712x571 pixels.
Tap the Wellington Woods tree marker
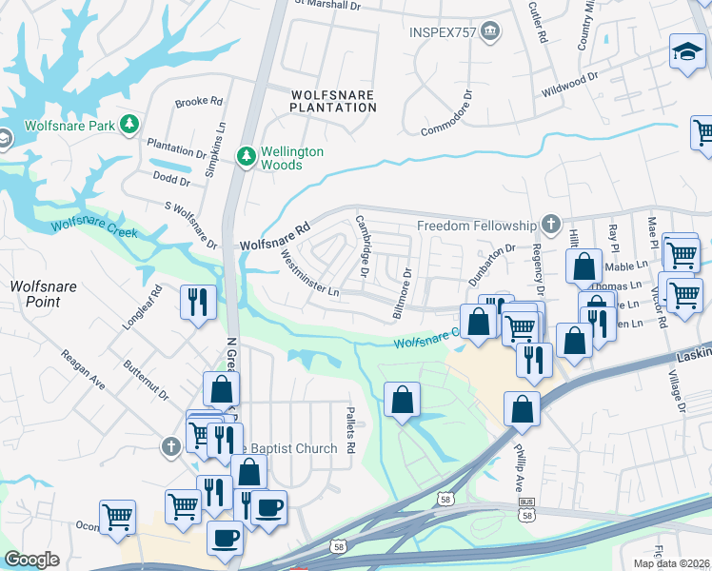point(247,156)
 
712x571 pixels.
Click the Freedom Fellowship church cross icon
point(549,225)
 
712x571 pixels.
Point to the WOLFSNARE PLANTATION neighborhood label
point(333,101)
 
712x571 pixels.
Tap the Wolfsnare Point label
point(35,294)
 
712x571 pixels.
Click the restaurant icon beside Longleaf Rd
point(198,303)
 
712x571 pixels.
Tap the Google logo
point(31,559)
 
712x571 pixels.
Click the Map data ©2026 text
point(670,563)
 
